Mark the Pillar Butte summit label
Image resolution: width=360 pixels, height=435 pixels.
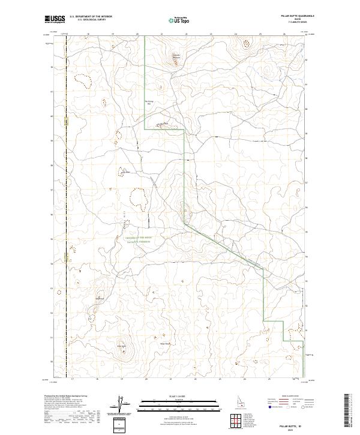click(x=121, y=346)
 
